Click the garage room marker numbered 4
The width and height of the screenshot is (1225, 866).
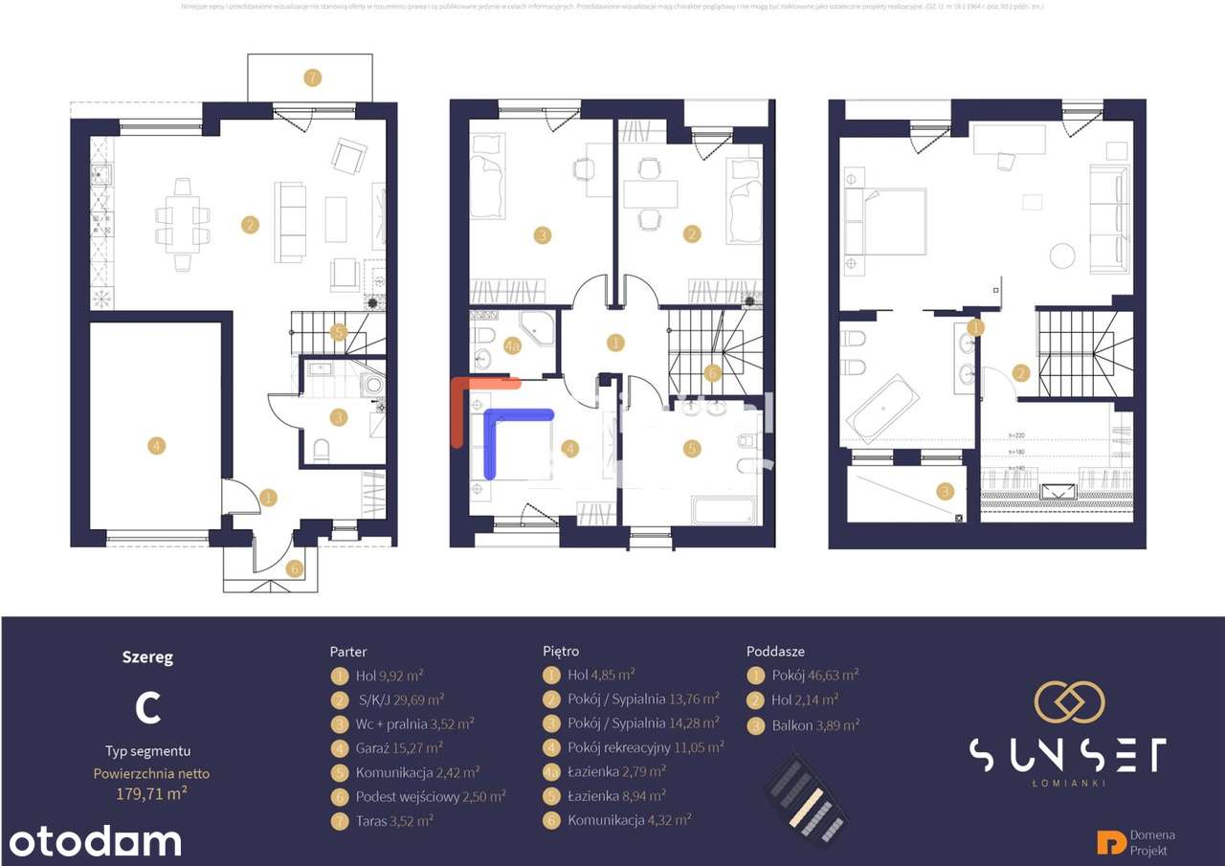(157, 445)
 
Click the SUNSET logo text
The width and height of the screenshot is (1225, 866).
(1067, 755)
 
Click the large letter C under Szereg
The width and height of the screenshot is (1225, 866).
(147, 707)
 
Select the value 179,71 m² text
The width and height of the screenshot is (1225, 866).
(151, 792)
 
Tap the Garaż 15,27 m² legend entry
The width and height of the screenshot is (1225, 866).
(398, 748)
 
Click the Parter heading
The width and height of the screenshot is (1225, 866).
(348, 652)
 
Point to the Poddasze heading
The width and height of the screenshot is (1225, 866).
(775, 651)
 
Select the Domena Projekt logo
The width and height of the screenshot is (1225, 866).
(1137, 842)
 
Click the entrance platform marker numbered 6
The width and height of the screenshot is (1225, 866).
(294, 568)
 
